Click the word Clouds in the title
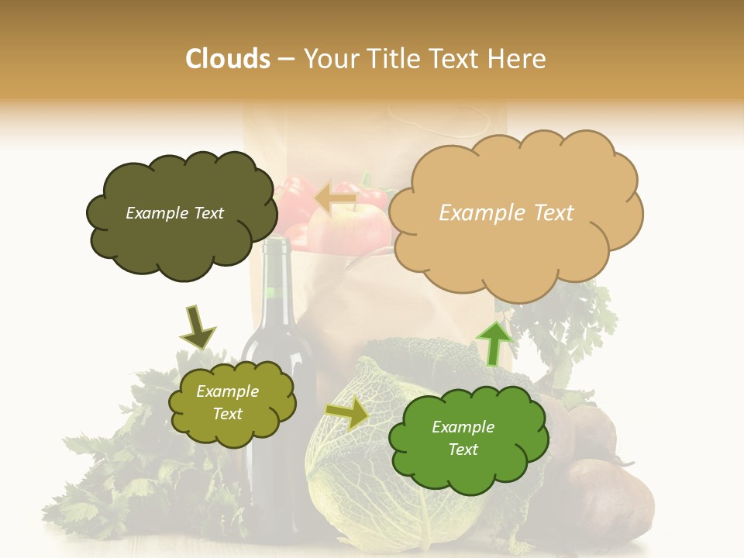(x=228, y=58)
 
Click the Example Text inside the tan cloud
(x=506, y=212)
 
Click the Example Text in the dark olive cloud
(x=174, y=213)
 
